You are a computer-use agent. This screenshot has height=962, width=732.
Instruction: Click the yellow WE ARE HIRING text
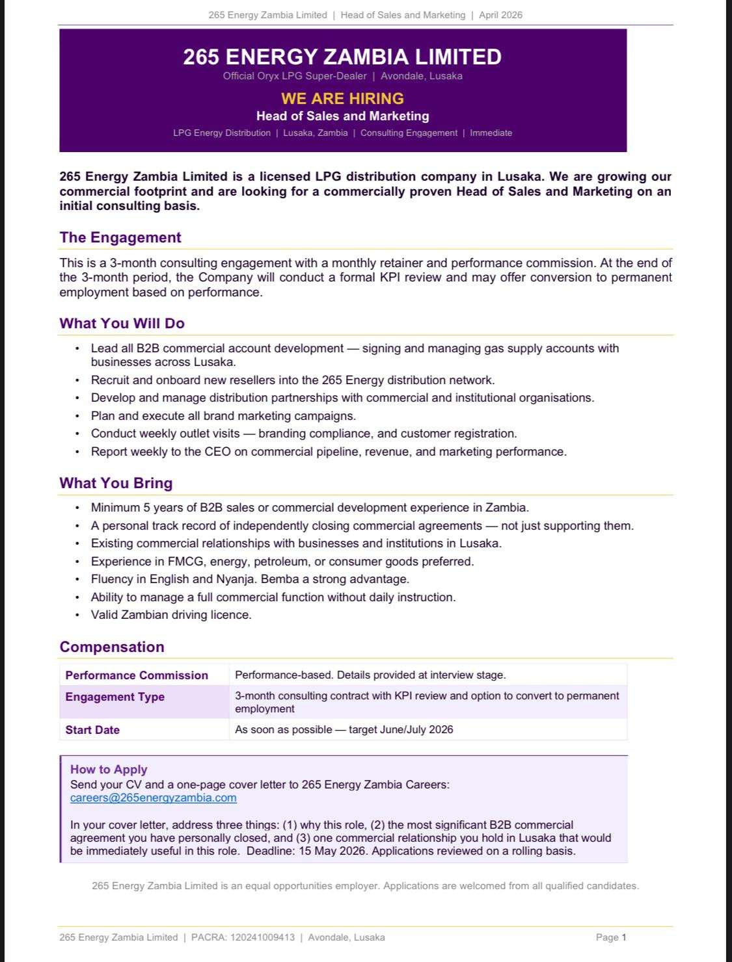click(x=342, y=98)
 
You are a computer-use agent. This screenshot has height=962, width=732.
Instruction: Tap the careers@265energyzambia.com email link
click(x=154, y=798)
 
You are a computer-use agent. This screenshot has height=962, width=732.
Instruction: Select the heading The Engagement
click(x=120, y=237)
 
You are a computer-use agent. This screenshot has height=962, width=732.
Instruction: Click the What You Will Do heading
click(x=122, y=323)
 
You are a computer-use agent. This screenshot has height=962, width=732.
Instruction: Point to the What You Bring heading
click(x=116, y=483)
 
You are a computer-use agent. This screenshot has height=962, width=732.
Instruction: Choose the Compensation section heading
click(x=112, y=647)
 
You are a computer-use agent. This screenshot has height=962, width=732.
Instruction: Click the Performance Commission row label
click(x=137, y=675)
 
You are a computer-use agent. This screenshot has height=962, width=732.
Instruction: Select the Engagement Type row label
click(x=115, y=697)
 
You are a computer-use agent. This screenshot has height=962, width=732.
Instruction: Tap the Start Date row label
click(x=92, y=730)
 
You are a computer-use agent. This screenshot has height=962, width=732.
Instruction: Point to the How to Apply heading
click(x=109, y=769)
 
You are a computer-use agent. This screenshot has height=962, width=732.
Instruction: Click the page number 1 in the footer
click(x=623, y=937)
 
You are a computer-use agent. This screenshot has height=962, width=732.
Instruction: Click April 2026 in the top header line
click(x=500, y=15)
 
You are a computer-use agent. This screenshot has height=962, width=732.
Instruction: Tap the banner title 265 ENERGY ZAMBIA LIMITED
click(x=342, y=57)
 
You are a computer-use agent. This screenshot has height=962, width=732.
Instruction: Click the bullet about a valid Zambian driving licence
click(x=171, y=615)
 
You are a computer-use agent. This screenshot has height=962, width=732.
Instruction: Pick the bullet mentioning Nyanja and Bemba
click(x=250, y=579)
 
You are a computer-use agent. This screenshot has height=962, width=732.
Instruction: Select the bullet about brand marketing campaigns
click(x=223, y=416)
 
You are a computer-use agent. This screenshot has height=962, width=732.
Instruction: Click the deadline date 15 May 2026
click(x=332, y=851)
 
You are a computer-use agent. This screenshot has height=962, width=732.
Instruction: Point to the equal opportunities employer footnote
click(x=366, y=885)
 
